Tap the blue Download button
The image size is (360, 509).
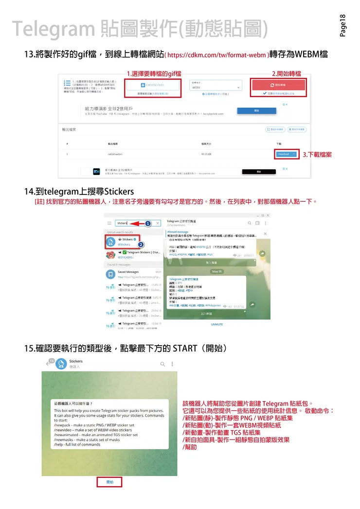[x=285, y=154]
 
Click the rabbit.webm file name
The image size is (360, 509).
[x=115, y=154]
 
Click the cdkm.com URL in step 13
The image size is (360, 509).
[x=217, y=55]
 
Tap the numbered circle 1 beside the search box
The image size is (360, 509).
[x=148, y=224]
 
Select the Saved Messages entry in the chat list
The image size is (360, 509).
[x=128, y=272]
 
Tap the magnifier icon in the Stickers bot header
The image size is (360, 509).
[x=162, y=364]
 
